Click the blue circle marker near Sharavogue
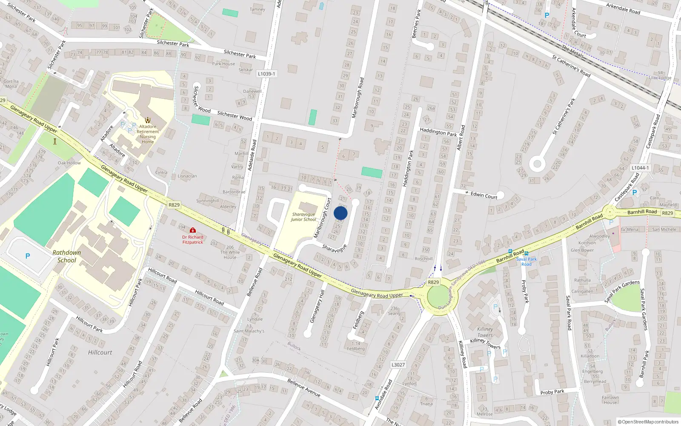point(340,213)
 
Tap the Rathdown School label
point(67,256)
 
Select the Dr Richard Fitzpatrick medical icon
point(193,230)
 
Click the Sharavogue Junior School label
point(303,217)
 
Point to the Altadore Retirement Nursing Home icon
point(148,120)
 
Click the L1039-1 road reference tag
point(266,74)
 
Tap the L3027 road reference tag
point(398,365)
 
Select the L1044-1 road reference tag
point(640,168)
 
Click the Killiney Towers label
point(485,332)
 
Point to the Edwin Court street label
point(484,195)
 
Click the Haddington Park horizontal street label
point(438,132)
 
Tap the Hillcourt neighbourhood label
point(100,352)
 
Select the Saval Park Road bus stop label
point(526,262)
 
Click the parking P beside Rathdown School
point(28,256)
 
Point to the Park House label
point(223,64)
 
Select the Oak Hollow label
point(69,163)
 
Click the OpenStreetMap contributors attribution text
point(648,422)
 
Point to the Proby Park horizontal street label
point(552,392)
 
